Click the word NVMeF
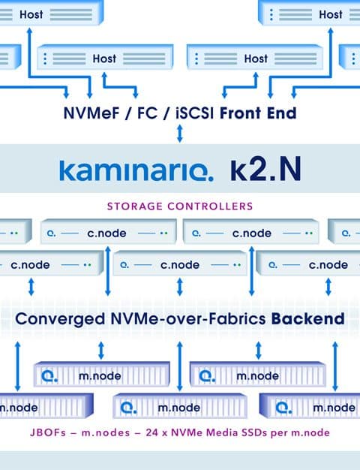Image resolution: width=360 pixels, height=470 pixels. (91, 113)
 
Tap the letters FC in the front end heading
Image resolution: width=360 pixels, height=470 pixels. (147, 113)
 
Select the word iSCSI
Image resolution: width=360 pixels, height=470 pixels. (195, 113)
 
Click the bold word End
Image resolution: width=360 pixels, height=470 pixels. (281, 113)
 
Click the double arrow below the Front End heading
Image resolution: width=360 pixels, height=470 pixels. (180, 134)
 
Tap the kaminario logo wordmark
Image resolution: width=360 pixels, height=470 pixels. (136, 171)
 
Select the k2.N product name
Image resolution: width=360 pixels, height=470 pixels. (265, 170)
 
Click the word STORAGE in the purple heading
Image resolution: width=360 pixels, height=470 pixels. (135, 206)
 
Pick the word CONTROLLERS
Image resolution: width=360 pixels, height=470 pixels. (210, 206)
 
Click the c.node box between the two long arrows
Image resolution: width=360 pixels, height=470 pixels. (180, 264)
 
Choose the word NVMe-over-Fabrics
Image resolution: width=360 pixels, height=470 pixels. (188, 318)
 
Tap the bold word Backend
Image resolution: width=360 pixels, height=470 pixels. (308, 318)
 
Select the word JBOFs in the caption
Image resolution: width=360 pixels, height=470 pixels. (48, 432)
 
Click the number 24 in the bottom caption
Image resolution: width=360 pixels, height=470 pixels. (152, 432)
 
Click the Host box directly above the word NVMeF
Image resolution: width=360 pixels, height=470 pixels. (105, 57)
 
